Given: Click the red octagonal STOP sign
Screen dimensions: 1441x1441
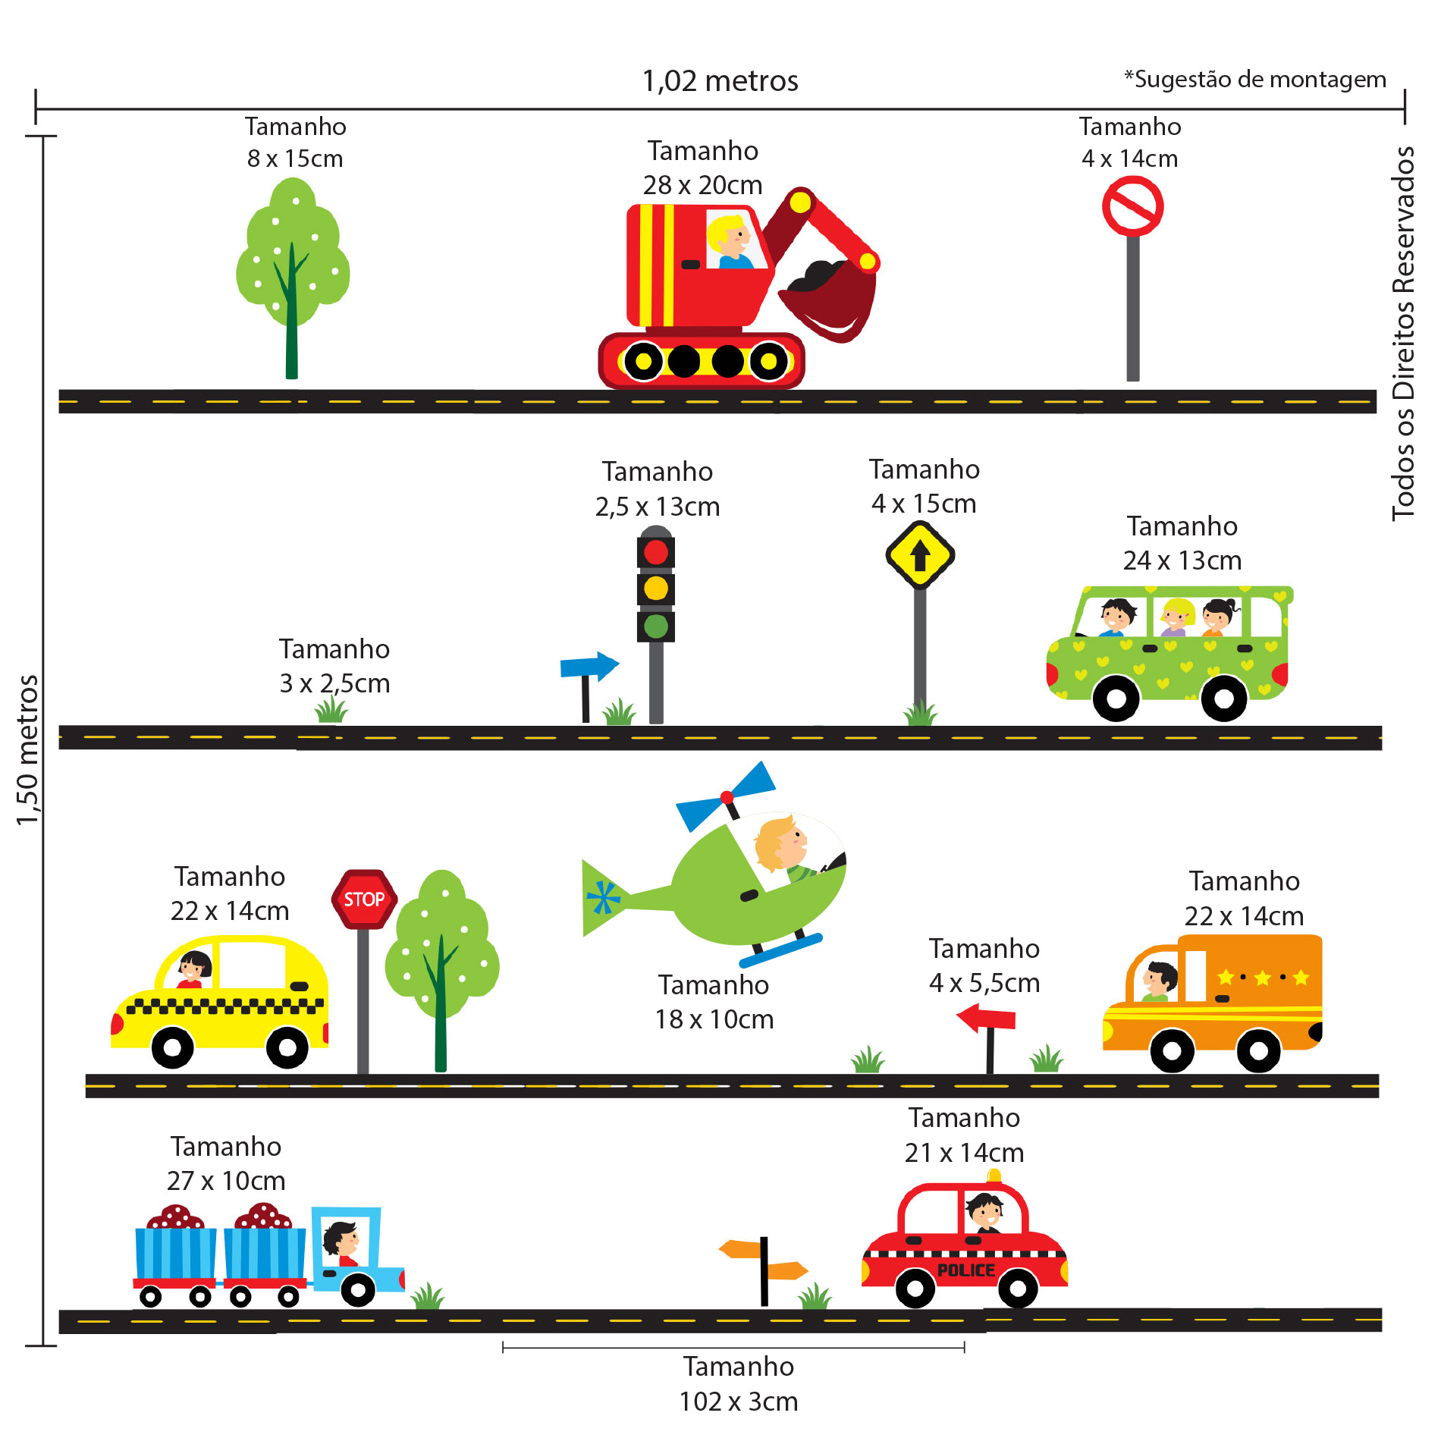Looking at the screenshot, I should pyautogui.click(x=364, y=899).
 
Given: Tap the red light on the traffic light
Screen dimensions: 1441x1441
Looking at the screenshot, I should pyautogui.click(x=656, y=552).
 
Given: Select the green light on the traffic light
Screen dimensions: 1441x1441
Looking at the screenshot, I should pyautogui.click(x=656, y=626).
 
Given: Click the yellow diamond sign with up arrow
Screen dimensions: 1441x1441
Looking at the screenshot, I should pyautogui.click(x=920, y=555).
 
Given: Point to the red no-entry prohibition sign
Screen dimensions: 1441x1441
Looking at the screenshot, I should pyautogui.click(x=1132, y=206).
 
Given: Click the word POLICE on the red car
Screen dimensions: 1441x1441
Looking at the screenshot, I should pyautogui.click(x=965, y=1270).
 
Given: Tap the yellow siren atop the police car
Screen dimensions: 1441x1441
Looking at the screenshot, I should pyautogui.click(x=994, y=1176).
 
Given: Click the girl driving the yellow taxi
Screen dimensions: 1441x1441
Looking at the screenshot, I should pyautogui.click(x=194, y=969).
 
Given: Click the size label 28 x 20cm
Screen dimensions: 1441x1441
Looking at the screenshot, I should pyautogui.click(x=702, y=185).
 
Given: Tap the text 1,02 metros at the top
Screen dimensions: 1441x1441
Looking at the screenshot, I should pyautogui.click(x=720, y=81).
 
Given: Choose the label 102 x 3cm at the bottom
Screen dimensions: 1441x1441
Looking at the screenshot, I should pyautogui.click(x=738, y=1402).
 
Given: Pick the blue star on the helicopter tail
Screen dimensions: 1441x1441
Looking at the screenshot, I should pyautogui.click(x=603, y=898).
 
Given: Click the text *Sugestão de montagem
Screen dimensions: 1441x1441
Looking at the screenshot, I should pyautogui.click(x=1254, y=80).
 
